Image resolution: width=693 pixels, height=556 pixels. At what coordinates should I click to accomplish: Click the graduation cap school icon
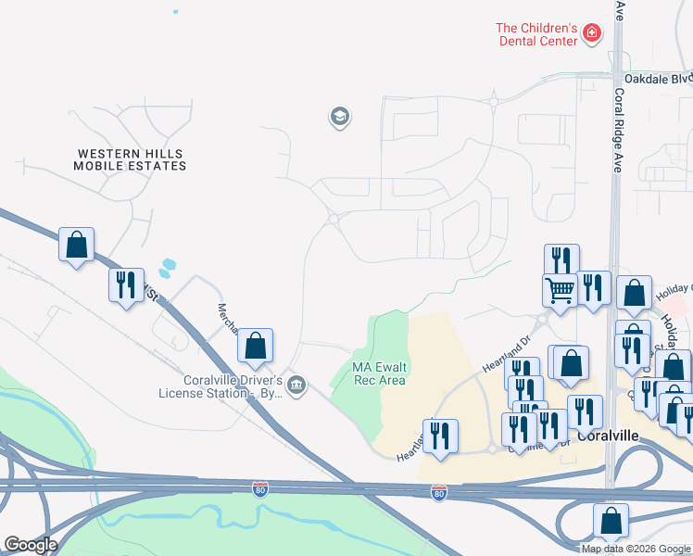point(339,117)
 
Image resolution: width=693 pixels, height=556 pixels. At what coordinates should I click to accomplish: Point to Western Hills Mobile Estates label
point(131,159)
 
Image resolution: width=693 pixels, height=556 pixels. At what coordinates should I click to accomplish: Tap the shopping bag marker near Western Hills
point(76,246)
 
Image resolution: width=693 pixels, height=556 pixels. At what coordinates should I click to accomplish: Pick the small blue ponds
point(167,269)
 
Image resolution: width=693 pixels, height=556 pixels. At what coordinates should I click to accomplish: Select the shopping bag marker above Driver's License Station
point(255,346)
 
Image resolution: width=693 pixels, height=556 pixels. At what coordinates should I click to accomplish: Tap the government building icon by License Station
point(296,385)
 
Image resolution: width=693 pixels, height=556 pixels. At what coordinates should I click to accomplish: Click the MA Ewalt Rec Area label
point(379,373)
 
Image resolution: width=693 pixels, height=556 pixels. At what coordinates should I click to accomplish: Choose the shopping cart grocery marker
point(560,289)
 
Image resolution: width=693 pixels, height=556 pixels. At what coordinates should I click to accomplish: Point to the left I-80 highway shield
point(260,487)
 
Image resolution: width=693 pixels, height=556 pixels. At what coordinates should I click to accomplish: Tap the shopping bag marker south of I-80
point(611,522)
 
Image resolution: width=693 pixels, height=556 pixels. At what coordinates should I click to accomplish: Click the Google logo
point(31,545)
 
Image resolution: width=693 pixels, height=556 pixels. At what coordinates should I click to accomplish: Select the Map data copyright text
point(636,549)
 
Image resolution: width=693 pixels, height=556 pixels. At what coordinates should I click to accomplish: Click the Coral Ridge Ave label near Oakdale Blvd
point(618,120)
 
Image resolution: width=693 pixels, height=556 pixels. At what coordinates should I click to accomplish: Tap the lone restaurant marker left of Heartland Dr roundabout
point(440,435)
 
